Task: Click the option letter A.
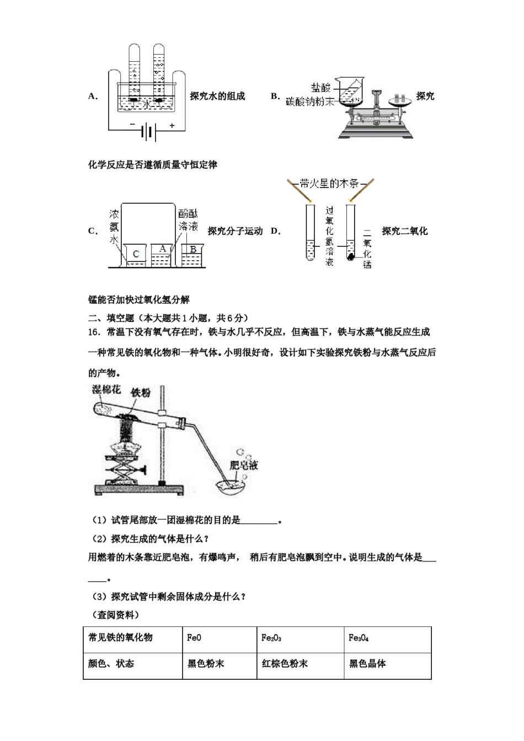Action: point(92,96)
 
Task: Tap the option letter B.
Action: point(275,96)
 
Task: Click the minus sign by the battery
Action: point(132,125)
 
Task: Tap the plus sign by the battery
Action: point(172,126)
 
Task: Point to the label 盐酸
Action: point(320,88)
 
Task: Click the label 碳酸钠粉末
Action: point(311,101)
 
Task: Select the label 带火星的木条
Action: point(329,184)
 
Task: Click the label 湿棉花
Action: point(106,390)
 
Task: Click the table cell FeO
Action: point(194,638)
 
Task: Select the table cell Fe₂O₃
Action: point(271,638)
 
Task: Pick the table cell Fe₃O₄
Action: point(359,638)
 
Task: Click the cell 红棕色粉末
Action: point(285,664)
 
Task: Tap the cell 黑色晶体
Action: point(367,664)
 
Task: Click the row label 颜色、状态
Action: point(111,664)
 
